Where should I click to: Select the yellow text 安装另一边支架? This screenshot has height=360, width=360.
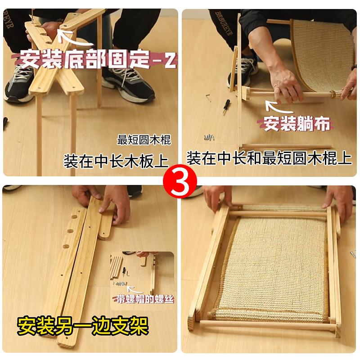[x=83, y=326]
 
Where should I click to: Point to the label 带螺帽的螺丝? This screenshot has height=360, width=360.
[x=145, y=299]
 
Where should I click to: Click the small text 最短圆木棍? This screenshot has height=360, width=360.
[x=144, y=140]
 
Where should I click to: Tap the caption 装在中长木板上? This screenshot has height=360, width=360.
[x=116, y=162]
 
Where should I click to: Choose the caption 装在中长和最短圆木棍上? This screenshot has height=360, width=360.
[x=269, y=158]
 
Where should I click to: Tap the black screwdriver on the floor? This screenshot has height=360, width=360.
[x=226, y=107]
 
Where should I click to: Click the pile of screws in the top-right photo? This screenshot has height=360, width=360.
[x=209, y=137]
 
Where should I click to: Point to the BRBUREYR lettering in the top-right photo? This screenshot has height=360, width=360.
[x=224, y=23]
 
